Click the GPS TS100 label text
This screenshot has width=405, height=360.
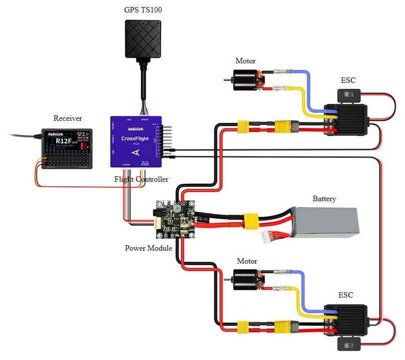tap(143, 10)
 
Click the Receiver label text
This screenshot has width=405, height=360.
tap(68, 118)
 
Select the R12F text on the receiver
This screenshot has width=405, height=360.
tap(64, 141)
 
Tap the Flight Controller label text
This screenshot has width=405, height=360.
tap(142, 179)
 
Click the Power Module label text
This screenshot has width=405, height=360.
tap(149, 248)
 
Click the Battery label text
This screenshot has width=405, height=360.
tap(324, 199)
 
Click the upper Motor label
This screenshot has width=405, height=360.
tap(245, 61)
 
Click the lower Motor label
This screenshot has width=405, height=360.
tap(247, 261)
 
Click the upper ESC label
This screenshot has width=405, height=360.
tap(348, 80)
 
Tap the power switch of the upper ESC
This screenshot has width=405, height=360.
tap(346, 94)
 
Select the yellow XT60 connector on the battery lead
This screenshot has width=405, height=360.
tap(249, 220)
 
